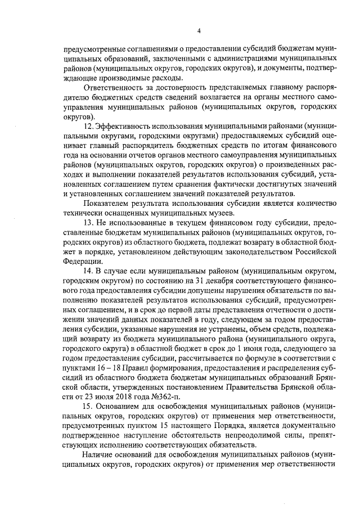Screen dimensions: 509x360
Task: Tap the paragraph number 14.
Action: (88, 271)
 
